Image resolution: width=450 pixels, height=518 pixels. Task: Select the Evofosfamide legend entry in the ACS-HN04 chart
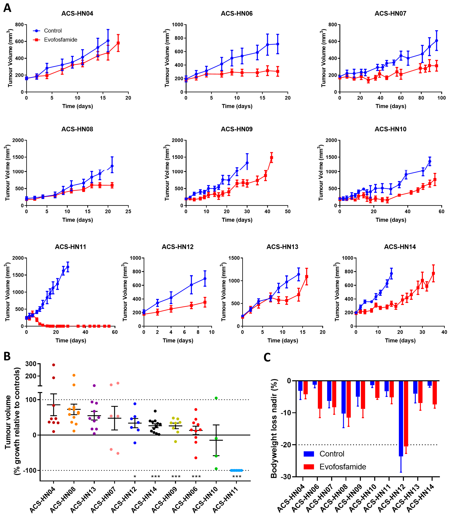[55, 40]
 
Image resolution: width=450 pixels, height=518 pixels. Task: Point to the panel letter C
[267, 358]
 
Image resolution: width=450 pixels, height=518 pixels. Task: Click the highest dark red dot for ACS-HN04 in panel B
[53, 365]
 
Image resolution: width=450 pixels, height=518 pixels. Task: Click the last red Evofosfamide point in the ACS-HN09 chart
[271, 158]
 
